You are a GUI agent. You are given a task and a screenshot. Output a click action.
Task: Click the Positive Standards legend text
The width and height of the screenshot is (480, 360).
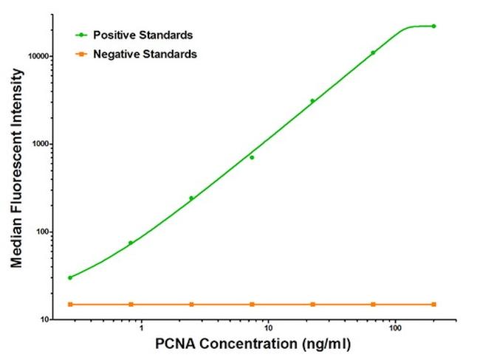coord(143,35)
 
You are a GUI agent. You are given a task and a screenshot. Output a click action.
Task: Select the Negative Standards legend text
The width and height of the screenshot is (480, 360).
coord(145,54)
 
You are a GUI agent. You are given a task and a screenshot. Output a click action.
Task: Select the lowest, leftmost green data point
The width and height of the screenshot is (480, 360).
coord(70,277)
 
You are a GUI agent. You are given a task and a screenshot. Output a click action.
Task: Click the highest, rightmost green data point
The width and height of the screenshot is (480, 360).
coord(433,26)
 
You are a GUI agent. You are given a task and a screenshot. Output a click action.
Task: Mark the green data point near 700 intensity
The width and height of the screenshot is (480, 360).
coord(252,157)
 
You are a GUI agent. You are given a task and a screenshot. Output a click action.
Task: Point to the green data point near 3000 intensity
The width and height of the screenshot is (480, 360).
coord(312,101)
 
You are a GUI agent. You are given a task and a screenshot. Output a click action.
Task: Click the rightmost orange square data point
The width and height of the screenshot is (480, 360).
coord(433,304)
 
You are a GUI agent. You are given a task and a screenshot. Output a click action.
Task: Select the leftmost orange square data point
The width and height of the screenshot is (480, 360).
coord(70,304)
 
